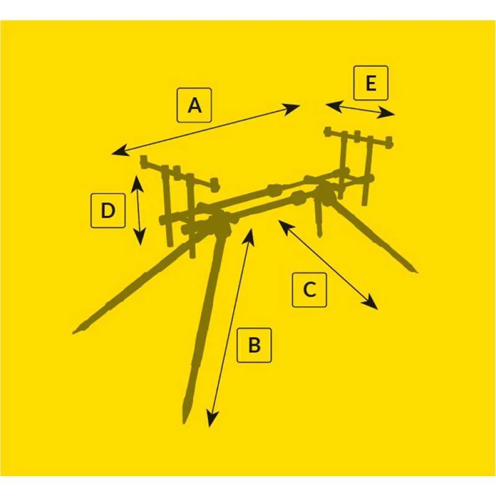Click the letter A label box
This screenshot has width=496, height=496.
pos(194,105)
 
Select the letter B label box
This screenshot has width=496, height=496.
pos(254,345)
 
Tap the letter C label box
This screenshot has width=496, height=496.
pos(310,290)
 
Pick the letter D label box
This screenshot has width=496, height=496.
pos(108,210)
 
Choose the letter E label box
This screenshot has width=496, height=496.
pos(371,83)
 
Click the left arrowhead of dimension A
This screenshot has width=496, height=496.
pos(119,151)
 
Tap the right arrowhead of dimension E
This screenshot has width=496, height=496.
pos(386,114)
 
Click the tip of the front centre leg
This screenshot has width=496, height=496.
pos(185,422)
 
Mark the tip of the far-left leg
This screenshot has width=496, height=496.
pos(74,332)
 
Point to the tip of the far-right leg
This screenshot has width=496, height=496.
pos(416,271)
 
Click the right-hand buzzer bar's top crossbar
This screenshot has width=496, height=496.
pos(359,137)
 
